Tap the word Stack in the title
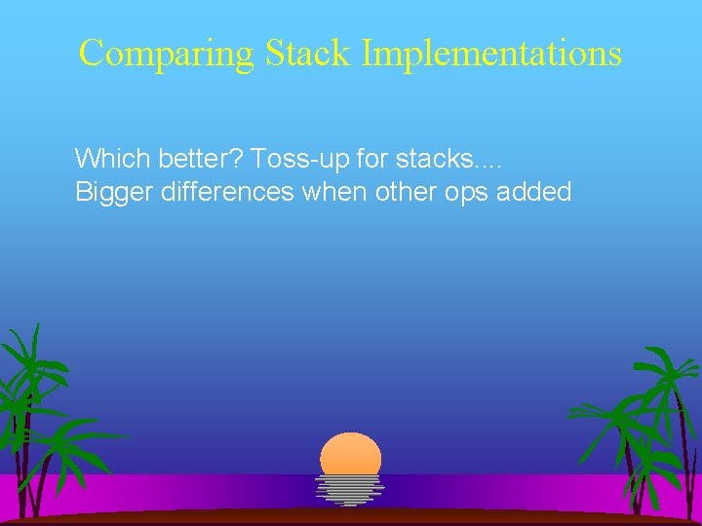pos(304,53)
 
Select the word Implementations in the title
pos(491,53)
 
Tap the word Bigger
pos(107,192)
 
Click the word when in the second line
pos(333,192)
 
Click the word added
pos(534,192)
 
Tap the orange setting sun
pos(351,454)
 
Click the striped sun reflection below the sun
pos(350,489)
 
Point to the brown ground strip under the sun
pos(351,516)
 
